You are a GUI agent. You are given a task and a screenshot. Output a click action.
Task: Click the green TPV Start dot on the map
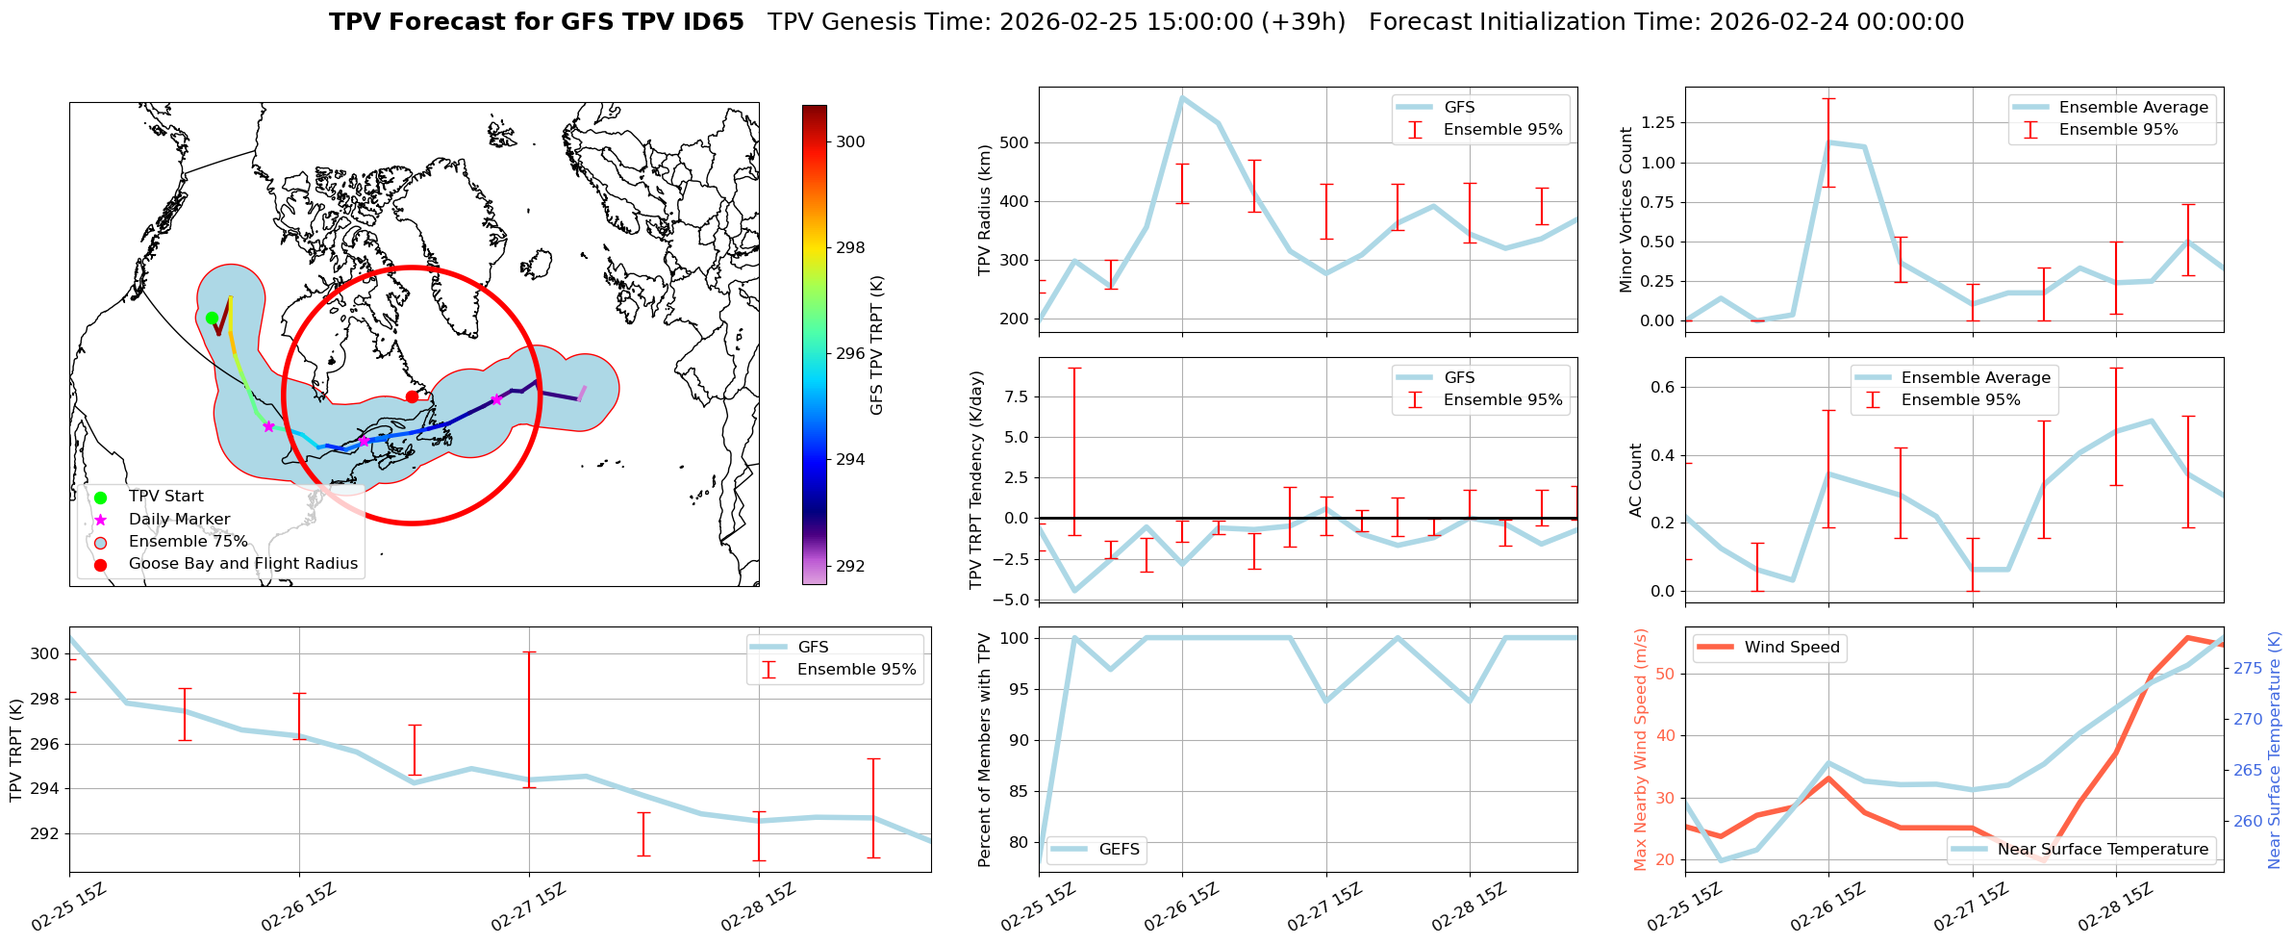pyautogui.click(x=212, y=319)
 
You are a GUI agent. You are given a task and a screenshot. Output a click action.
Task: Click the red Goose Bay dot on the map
pyautogui.click(x=412, y=396)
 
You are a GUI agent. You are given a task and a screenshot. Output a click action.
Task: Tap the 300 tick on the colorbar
pyautogui.click(x=850, y=141)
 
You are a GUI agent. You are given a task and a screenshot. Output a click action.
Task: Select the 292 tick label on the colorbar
pyautogui.click(x=850, y=566)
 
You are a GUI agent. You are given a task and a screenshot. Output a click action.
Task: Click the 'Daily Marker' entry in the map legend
pyautogui.click(x=179, y=520)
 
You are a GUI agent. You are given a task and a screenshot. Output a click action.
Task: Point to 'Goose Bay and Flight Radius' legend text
pyautogui.click(x=242, y=564)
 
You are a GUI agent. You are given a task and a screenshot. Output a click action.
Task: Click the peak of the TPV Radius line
pyautogui.click(x=1182, y=97)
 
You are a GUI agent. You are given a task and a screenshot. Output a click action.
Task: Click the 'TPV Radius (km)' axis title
pyautogui.click(x=984, y=211)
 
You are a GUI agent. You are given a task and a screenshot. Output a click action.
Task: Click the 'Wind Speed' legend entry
pyautogui.click(x=1792, y=648)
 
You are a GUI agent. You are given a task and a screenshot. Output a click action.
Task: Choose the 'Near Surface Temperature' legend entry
pyautogui.click(x=2103, y=850)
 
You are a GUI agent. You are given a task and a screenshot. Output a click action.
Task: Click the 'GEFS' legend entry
pyautogui.click(x=1119, y=850)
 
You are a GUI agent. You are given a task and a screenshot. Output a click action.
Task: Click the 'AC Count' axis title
pyautogui.click(x=1636, y=480)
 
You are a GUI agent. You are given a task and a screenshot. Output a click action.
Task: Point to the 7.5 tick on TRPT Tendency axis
pyautogui.click(x=1018, y=396)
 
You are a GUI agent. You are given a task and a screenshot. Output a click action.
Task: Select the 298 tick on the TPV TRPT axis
pyautogui.click(x=45, y=700)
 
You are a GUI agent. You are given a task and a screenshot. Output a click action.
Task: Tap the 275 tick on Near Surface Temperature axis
pyautogui.click(x=2246, y=668)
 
